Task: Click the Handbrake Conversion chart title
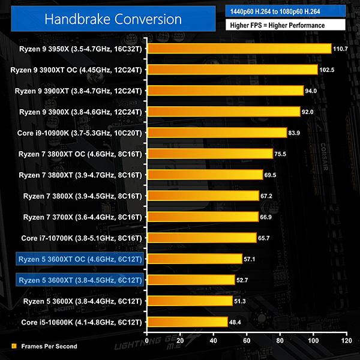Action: tap(113, 19)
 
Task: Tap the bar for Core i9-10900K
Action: tap(216, 133)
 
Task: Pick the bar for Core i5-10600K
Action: tap(187, 322)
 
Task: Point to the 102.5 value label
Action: tap(328, 70)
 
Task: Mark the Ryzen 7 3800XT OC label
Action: tap(80, 154)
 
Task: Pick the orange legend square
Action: tap(14, 346)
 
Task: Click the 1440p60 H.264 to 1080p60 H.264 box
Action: tap(285, 10)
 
